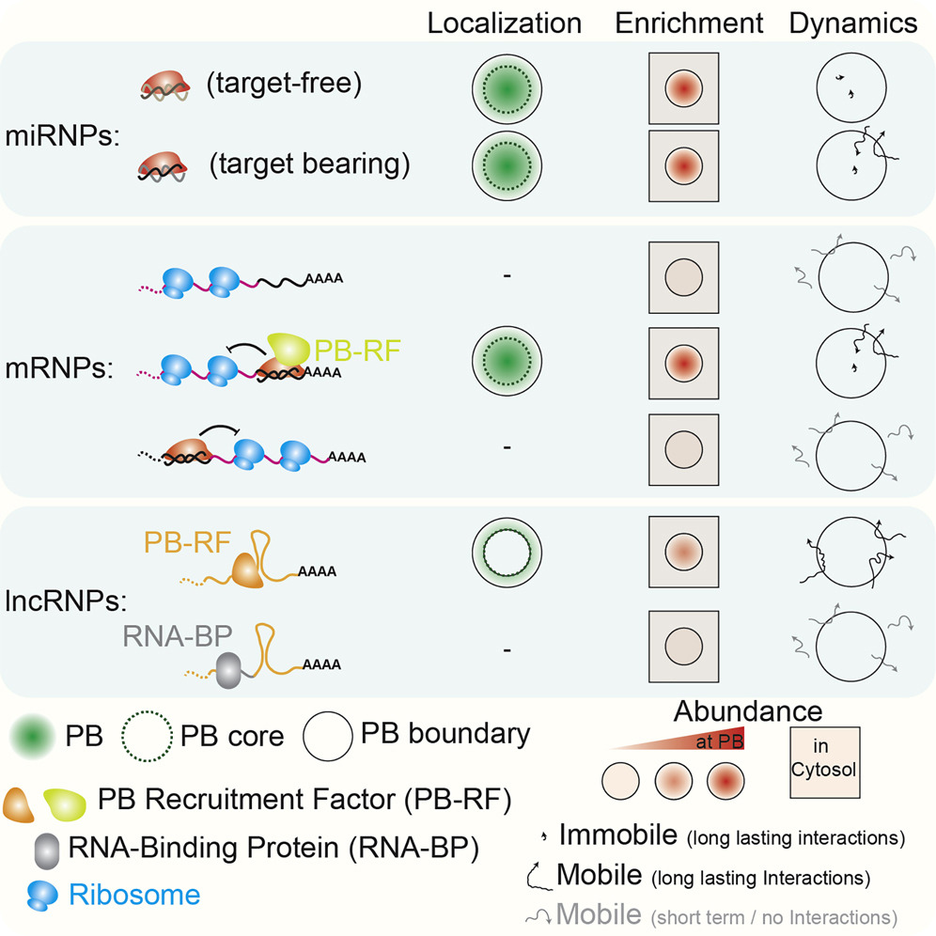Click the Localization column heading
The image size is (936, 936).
(505, 23)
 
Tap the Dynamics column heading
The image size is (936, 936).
(853, 23)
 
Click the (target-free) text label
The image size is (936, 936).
(284, 85)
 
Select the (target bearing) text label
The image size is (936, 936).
(309, 164)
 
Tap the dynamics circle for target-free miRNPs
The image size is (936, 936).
(852, 90)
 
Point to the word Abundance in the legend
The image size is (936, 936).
(747, 711)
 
